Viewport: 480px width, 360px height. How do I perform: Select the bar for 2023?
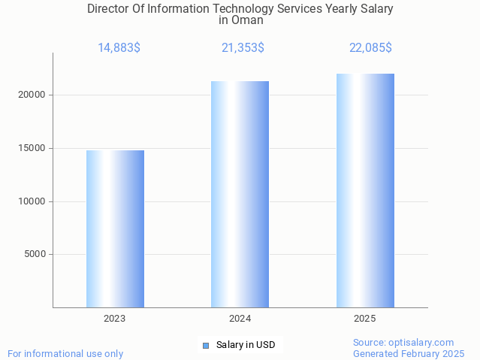(115, 228)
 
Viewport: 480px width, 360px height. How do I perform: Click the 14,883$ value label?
(119, 48)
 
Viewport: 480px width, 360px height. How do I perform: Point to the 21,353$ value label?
(243, 48)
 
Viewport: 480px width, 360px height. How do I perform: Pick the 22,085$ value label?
(370, 48)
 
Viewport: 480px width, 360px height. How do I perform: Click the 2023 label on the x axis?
(115, 319)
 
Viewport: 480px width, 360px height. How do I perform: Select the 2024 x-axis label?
(240, 319)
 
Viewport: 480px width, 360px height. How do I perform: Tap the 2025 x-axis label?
(365, 319)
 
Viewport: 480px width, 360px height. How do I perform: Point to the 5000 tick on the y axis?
(35, 255)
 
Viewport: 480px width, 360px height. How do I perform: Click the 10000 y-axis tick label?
(32, 201)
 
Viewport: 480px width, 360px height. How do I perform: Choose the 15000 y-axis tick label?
(32, 148)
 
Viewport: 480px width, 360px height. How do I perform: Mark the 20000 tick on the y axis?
(32, 95)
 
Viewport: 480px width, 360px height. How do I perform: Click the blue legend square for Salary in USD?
(206, 346)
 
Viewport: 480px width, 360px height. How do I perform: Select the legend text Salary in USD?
(246, 346)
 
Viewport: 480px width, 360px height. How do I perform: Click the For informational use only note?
(65, 353)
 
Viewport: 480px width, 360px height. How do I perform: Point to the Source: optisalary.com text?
(403, 343)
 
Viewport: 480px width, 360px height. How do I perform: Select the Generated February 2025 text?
(409, 353)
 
